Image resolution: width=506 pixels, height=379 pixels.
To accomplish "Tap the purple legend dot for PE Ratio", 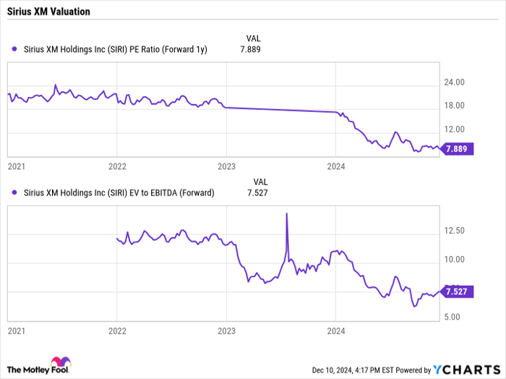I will pos(15,50).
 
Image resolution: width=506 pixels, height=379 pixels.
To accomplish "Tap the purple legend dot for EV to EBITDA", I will pos(15,192).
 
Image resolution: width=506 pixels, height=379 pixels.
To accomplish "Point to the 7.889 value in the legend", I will pos(249,50).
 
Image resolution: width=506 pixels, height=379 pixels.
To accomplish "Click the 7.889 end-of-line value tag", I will pos(456,149).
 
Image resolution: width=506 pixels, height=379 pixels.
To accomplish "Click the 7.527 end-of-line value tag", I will pos(456,292).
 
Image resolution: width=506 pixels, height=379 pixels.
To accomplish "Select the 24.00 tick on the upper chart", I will pos(454,82).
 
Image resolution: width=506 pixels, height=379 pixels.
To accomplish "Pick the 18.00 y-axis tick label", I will pos(454,106).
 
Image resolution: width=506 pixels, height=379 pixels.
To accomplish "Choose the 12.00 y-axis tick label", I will pos(454,129).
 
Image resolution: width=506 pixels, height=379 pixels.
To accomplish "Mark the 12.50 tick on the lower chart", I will pos(454,231).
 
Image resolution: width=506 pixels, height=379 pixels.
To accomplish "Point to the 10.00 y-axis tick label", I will pos(454,259).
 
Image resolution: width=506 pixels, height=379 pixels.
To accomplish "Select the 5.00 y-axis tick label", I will pos(454,317).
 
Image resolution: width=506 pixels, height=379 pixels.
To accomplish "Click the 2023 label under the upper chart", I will pos(227,166).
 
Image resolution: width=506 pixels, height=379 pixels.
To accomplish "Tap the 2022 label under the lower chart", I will pos(118,330).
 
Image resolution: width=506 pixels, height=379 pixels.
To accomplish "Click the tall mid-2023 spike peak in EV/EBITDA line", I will pos(287,213).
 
